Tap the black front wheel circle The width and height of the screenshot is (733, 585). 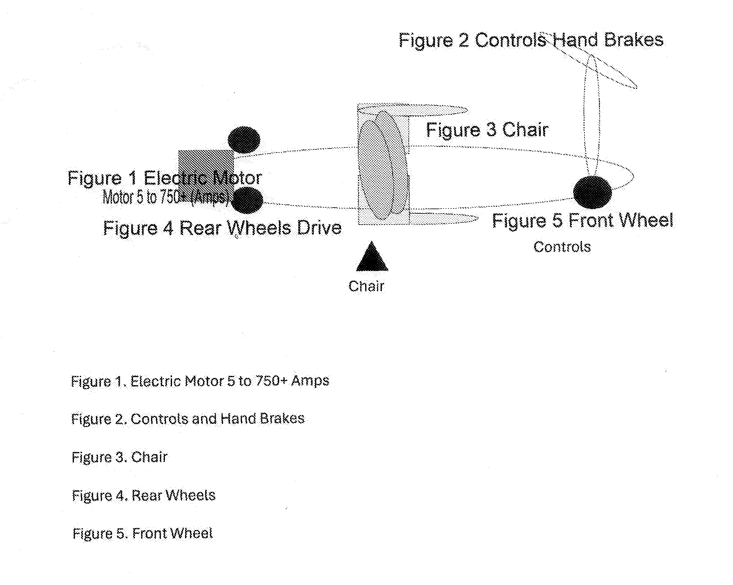click(x=593, y=192)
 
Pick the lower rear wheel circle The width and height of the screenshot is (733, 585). click(x=247, y=200)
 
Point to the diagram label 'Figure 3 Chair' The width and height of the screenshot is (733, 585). click(x=487, y=130)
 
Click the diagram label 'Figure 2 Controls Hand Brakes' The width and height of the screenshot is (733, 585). click(x=531, y=41)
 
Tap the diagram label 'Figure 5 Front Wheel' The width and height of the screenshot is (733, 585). click(x=583, y=220)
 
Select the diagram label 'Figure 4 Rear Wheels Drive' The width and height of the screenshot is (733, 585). click(x=222, y=228)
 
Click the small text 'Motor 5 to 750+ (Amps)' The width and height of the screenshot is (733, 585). click(x=166, y=197)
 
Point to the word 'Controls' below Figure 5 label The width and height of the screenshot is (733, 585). click(x=562, y=247)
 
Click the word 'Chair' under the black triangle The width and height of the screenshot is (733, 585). click(x=366, y=286)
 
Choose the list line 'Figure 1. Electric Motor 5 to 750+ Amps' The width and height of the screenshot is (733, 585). click(x=200, y=381)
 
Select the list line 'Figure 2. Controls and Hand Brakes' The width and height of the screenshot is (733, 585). click(x=188, y=419)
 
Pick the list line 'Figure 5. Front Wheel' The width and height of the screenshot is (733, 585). click(x=143, y=534)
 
